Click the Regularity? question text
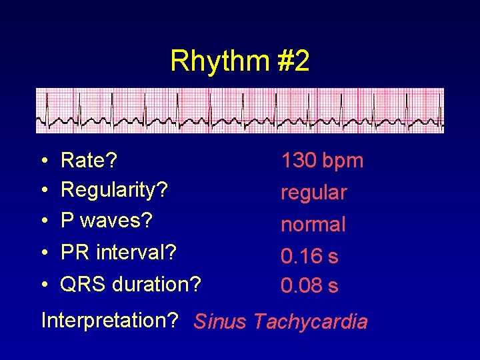114,190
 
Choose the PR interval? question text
118,253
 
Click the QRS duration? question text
130,285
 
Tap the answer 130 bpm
322,161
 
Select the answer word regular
313,193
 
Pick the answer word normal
313,225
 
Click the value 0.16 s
309,256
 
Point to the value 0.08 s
309,286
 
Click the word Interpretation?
109,321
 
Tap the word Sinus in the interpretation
219,322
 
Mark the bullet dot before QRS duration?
43,285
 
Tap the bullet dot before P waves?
43,221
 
